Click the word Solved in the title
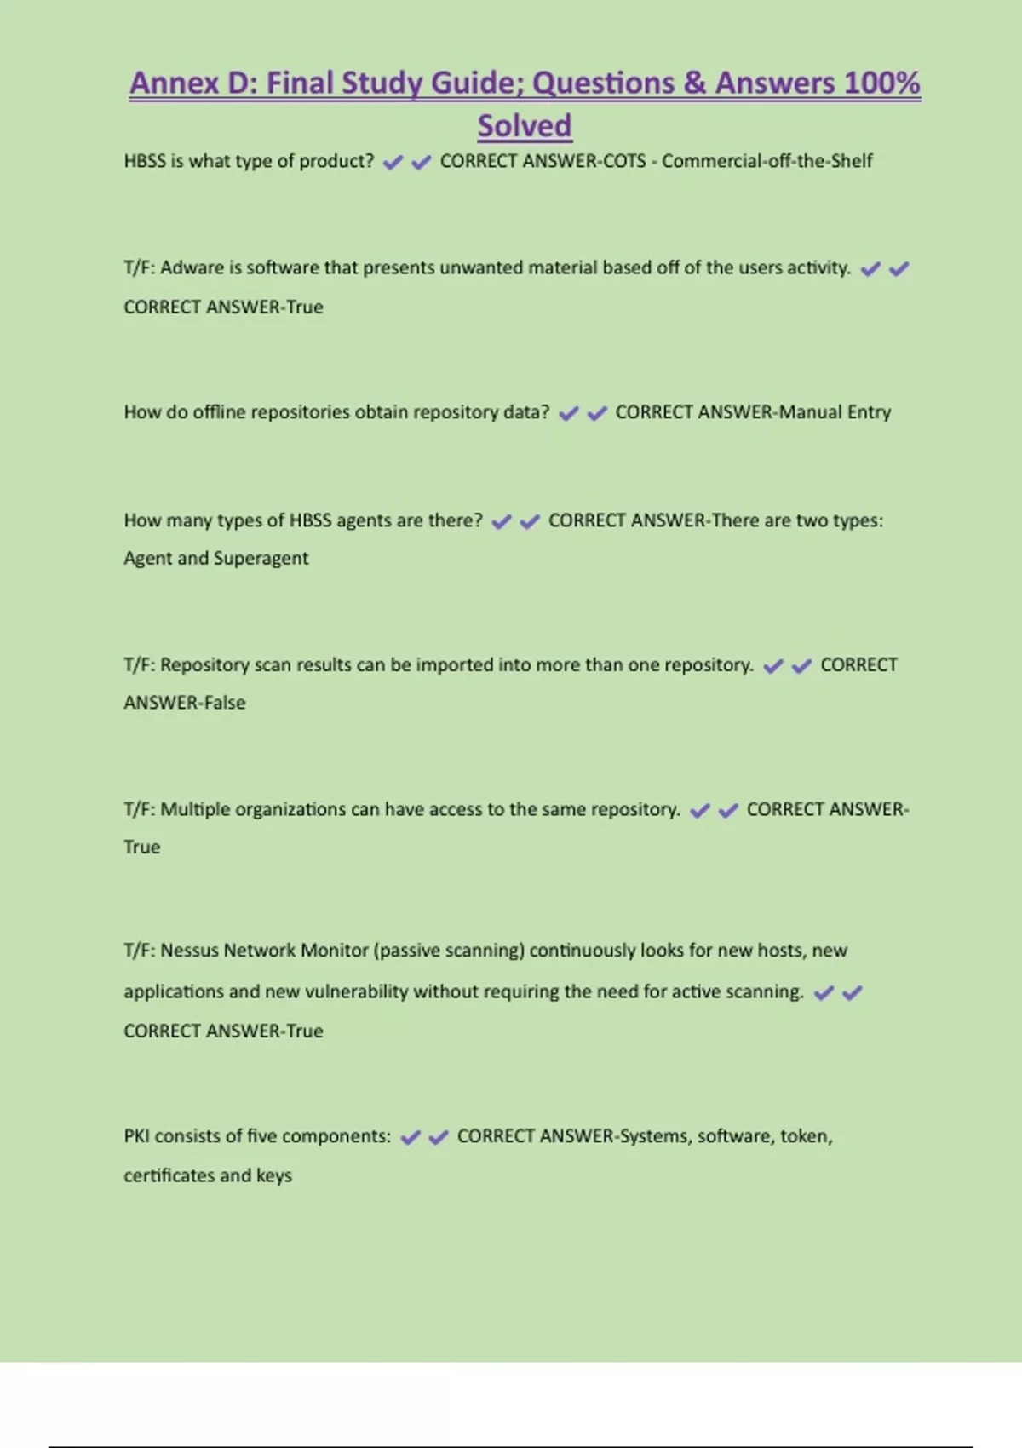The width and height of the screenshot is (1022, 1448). [524, 126]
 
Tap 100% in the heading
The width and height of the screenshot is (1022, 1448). [881, 83]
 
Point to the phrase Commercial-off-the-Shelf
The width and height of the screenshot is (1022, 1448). [766, 161]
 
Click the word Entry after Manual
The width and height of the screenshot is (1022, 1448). [869, 412]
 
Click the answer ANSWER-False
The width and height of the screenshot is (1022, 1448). [185, 703]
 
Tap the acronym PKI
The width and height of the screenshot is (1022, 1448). [136, 1136]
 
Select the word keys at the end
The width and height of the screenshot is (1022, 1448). [274, 1175]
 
